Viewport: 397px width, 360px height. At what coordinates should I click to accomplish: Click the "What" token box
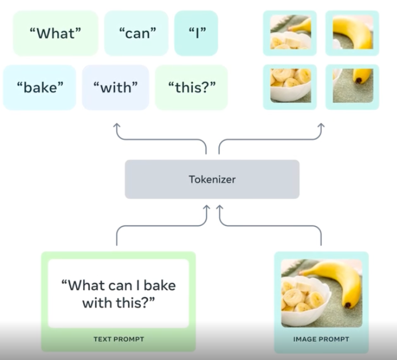pos(55,33)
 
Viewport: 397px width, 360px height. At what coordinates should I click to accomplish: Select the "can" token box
pos(137,33)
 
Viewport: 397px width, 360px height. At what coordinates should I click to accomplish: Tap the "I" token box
pos(196,33)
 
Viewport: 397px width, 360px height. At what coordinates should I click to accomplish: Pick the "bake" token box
pos(39,87)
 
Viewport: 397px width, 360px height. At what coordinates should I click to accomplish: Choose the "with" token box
pos(115,87)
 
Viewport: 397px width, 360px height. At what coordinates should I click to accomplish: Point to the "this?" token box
pos(191,87)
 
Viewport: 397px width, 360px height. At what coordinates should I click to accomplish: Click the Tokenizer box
pos(212,179)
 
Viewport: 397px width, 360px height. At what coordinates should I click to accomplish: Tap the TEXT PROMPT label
pos(118,339)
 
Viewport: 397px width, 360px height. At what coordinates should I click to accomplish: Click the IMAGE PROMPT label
pos(321,339)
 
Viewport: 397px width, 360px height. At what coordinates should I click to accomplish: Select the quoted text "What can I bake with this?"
pos(118,293)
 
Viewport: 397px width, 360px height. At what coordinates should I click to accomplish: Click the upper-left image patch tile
pos(291,33)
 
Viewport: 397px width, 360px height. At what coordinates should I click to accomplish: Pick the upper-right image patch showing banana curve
pos(352,33)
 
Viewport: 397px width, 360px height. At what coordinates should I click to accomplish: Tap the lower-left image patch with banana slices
pos(291,86)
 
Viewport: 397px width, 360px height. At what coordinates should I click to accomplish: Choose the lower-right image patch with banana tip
pos(352,86)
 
